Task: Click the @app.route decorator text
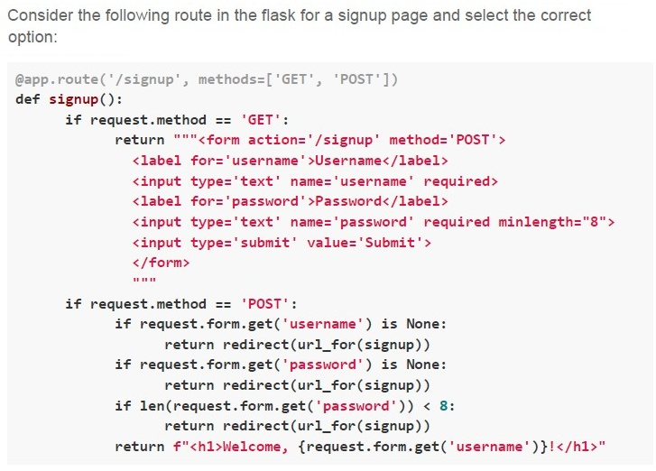[x=57, y=79]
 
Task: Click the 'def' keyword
[x=27, y=99]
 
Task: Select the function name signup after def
[x=73, y=100]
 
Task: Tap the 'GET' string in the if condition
[x=261, y=120]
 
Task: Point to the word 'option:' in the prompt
[x=32, y=37]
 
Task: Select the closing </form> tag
[x=162, y=263]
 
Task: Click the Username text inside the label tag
[x=348, y=161]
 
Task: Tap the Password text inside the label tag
[x=348, y=201]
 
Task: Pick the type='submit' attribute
[x=244, y=243]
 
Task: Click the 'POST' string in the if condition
[x=264, y=304]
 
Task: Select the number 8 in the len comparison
[x=444, y=406]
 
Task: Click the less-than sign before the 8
[x=427, y=406]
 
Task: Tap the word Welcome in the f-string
[x=252, y=447]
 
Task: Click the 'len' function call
[x=152, y=406]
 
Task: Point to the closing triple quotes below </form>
[x=144, y=280]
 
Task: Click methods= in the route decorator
[x=232, y=79]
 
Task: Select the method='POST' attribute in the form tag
[x=443, y=140]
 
